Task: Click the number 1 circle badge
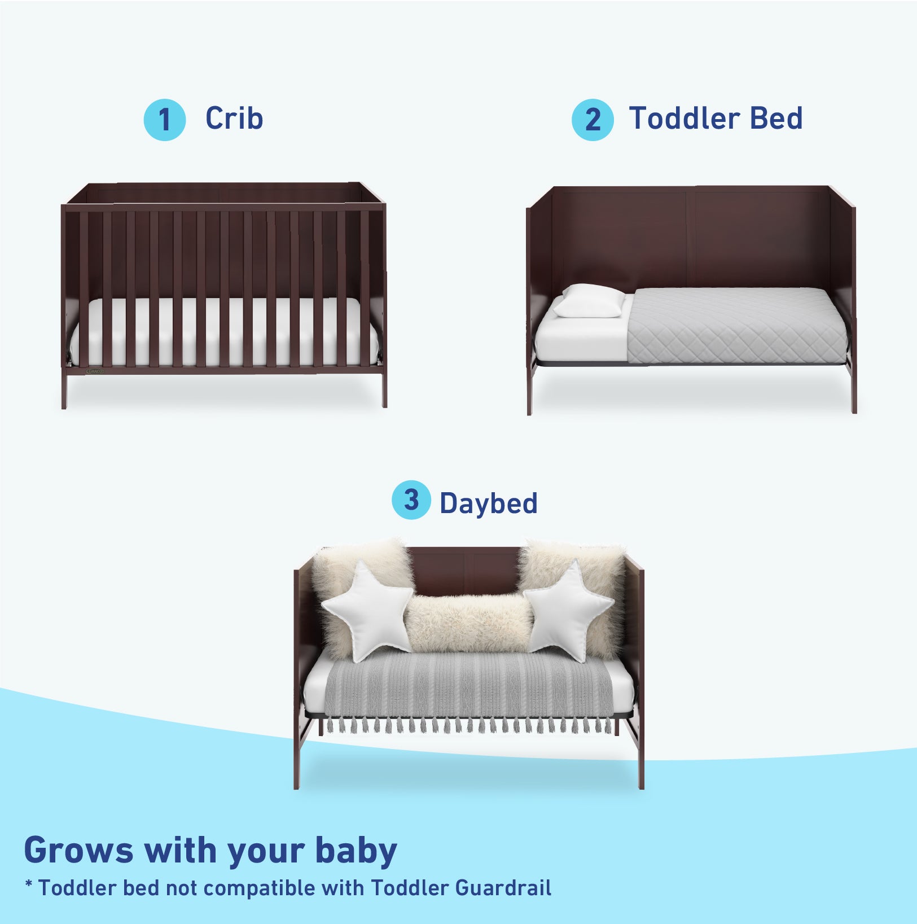click(x=164, y=120)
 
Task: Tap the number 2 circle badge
click(x=593, y=120)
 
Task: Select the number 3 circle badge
click(x=411, y=500)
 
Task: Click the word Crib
click(x=234, y=119)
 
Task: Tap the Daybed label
click(x=489, y=503)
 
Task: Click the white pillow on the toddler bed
click(x=589, y=301)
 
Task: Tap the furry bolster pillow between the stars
click(x=470, y=623)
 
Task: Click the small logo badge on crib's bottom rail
click(x=95, y=371)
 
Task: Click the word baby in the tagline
click(x=356, y=851)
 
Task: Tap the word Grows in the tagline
click(x=78, y=850)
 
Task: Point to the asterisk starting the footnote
click(x=29, y=884)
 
